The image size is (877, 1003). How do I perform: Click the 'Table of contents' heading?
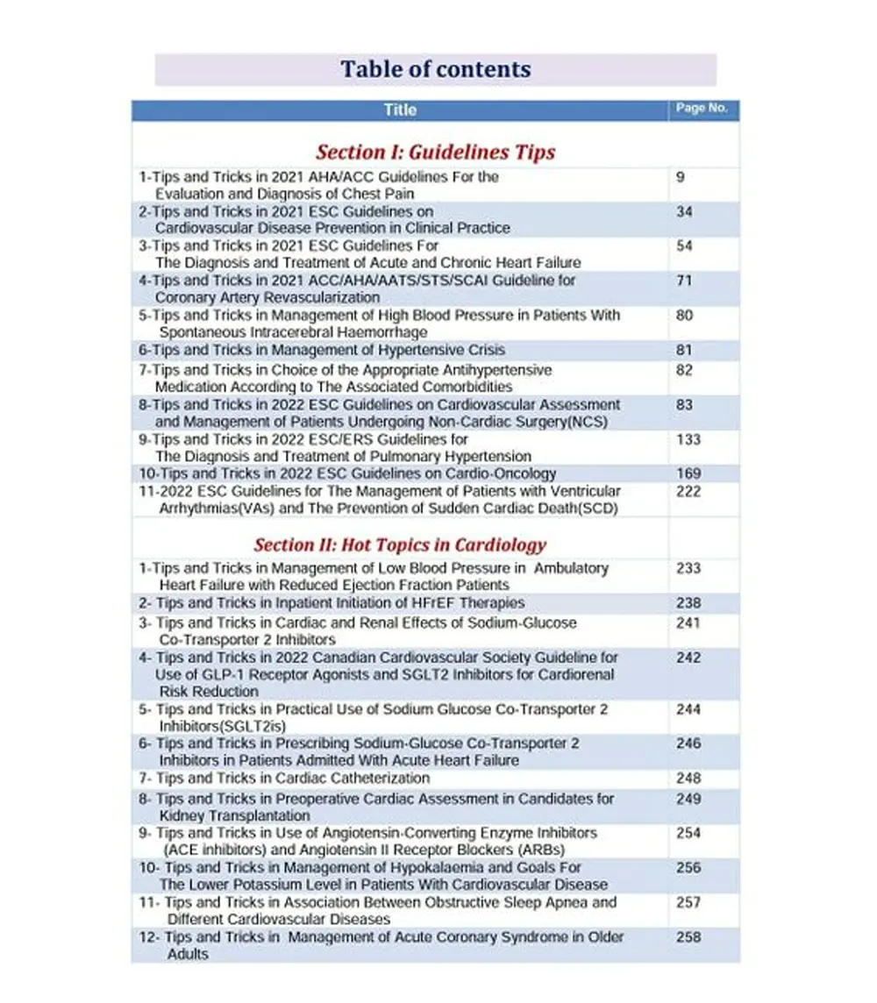coord(436,69)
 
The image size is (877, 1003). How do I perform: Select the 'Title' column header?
coord(400,110)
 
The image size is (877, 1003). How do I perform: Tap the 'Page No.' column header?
coord(702,109)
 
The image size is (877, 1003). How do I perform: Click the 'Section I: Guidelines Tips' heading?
coord(435,152)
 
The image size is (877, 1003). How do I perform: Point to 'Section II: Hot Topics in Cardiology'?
coord(400,544)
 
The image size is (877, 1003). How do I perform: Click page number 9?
coord(681,177)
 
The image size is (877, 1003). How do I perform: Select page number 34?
coord(684,211)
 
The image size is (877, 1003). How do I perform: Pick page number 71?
coord(684,281)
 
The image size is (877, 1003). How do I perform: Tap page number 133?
coord(688,439)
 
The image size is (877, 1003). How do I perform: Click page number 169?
coord(688,474)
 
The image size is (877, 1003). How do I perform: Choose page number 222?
coord(688,492)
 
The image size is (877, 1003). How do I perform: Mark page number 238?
coord(688,603)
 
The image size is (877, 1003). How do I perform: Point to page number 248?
coord(688,779)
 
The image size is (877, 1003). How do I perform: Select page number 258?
coord(688,937)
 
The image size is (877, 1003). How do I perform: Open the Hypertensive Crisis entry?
coord(322,351)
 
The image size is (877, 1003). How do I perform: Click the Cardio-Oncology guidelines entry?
coord(347,474)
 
